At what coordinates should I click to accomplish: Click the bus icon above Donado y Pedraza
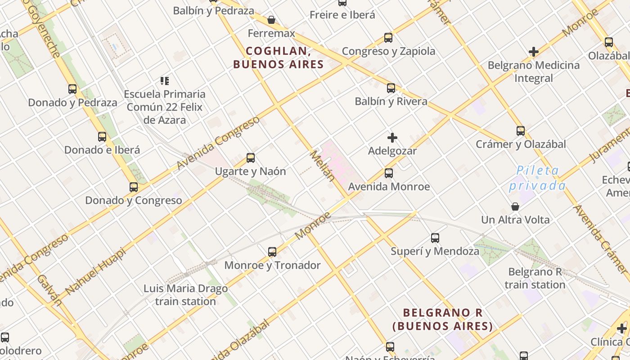click(72, 89)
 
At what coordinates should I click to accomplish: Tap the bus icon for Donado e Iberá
click(102, 136)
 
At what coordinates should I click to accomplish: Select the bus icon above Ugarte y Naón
click(251, 157)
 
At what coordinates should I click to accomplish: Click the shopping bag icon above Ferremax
click(271, 20)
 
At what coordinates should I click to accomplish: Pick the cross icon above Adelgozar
click(392, 137)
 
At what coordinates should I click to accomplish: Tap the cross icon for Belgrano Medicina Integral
click(534, 52)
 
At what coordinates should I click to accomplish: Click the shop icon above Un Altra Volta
click(515, 207)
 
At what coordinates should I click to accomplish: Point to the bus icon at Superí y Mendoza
click(435, 238)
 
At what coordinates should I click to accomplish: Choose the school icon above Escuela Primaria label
click(165, 81)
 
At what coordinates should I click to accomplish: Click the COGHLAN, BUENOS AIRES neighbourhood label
click(279, 58)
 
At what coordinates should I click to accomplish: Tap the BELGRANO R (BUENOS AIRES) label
click(442, 319)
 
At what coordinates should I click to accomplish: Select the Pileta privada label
click(537, 178)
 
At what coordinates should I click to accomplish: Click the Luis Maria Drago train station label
click(185, 295)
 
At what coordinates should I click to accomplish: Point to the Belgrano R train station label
click(535, 278)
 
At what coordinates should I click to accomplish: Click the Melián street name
click(323, 166)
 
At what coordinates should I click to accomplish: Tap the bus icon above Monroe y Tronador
click(272, 252)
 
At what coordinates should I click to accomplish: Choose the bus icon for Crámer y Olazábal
click(521, 131)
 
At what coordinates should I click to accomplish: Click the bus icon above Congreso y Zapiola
click(388, 38)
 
